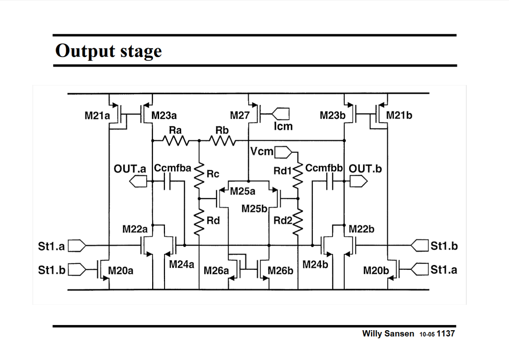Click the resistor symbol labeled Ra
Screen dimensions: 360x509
pyautogui.click(x=176, y=140)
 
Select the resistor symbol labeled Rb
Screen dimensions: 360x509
pyautogui.click(x=223, y=140)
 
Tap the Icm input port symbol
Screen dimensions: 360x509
pyautogui.click(x=280, y=114)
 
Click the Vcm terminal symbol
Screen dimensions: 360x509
pyautogui.click(x=283, y=152)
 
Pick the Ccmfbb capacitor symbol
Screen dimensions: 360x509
pyautogui.click(x=330, y=181)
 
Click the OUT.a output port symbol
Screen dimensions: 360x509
pyautogui.click(x=138, y=181)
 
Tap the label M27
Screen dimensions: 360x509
pyautogui.click(x=240, y=115)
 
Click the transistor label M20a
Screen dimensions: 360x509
pyautogui.click(x=121, y=271)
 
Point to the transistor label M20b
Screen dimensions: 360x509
pyautogui.click(x=376, y=271)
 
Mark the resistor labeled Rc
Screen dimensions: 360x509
pyautogui.click(x=199, y=175)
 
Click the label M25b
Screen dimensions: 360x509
pyautogui.click(x=254, y=209)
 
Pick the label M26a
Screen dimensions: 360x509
pyautogui.click(x=216, y=271)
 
